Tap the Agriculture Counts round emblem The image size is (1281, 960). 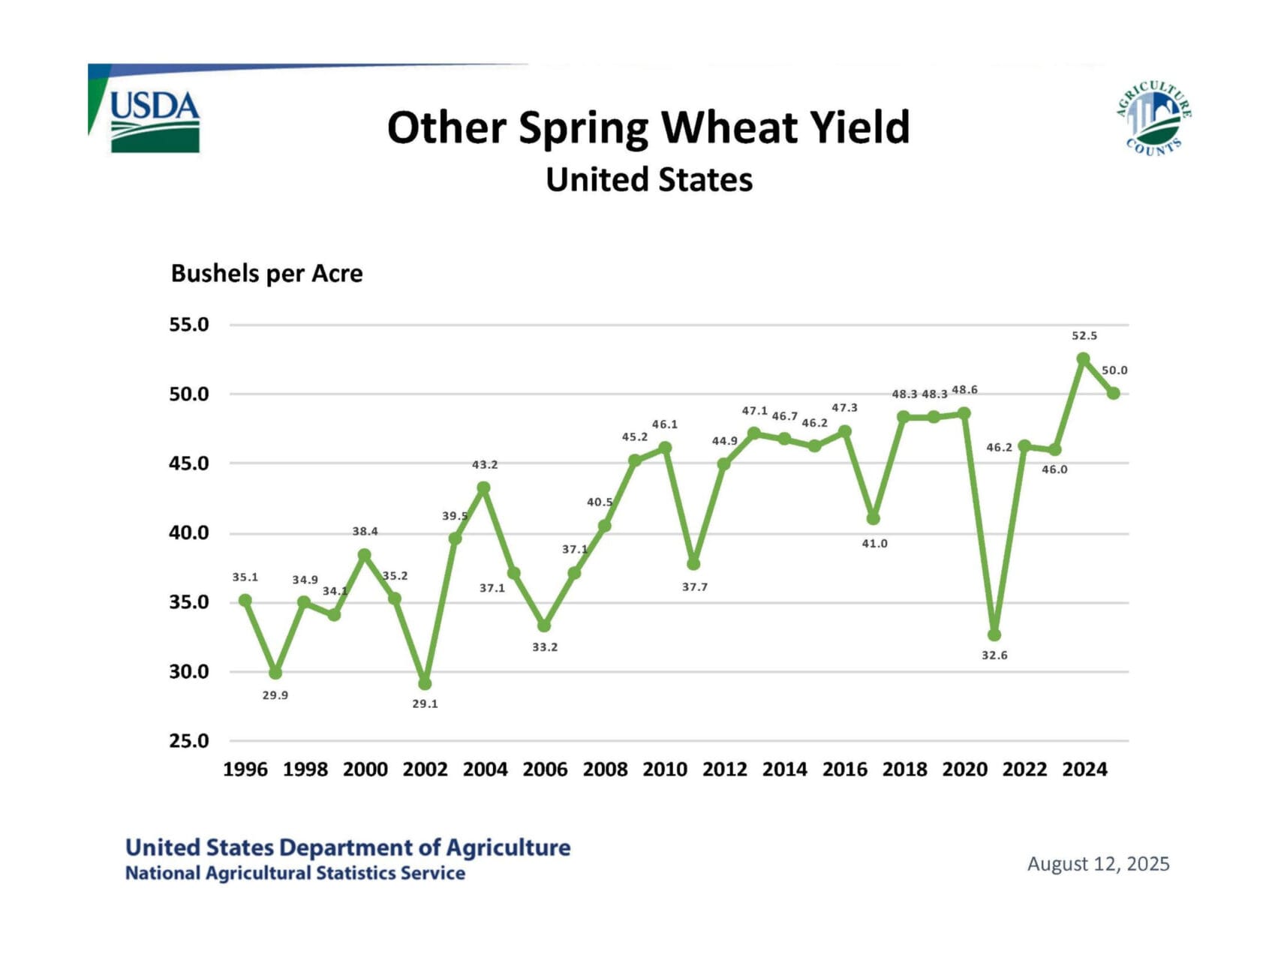(x=1154, y=118)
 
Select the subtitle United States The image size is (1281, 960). (x=649, y=180)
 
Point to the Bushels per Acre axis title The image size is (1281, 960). (x=266, y=274)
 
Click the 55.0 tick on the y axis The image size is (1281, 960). (x=189, y=325)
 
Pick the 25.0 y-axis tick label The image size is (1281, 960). (x=189, y=741)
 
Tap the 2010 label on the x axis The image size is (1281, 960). (x=665, y=769)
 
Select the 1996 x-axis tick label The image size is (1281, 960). (x=245, y=769)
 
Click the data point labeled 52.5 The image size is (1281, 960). (x=1083, y=359)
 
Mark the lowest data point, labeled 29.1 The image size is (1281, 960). (x=425, y=683)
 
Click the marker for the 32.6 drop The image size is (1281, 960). (x=994, y=634)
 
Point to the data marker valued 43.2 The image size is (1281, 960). (x=484, y=488)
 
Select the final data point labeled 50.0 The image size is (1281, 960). (x=1114, y=393)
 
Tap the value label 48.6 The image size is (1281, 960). (x=964, y=390)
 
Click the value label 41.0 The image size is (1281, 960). (x=874, y=544)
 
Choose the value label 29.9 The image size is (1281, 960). (x=275, y=695)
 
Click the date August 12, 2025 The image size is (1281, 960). (x=1098, y=864)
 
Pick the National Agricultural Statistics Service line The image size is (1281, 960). (x=295, y=874)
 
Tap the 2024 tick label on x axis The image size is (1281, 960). (x=1084, y=769)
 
